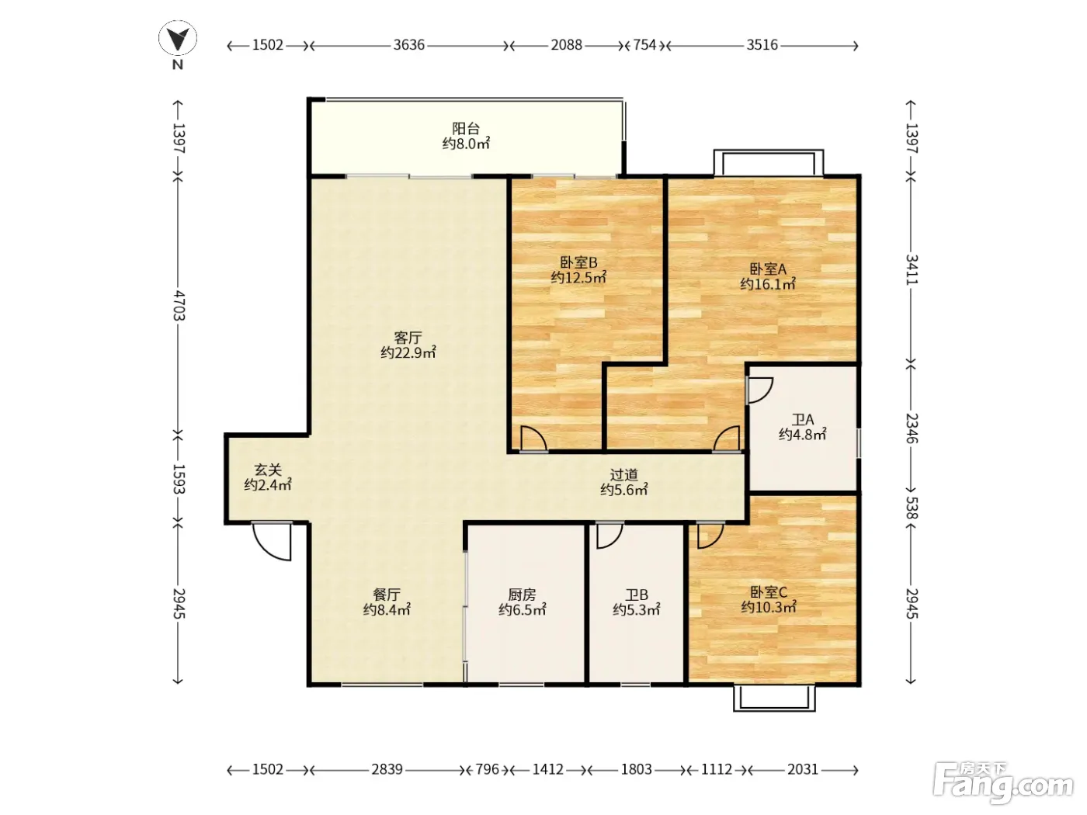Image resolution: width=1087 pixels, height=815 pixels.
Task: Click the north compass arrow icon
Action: tap(178, 39)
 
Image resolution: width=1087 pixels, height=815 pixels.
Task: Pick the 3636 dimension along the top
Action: tap(409, 45)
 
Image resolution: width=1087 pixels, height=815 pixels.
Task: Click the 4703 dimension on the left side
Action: tap(179, 306)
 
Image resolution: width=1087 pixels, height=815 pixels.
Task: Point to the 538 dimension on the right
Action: tap(912, 508)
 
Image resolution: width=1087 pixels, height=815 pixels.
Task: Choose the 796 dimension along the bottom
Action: tap(488, 769)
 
